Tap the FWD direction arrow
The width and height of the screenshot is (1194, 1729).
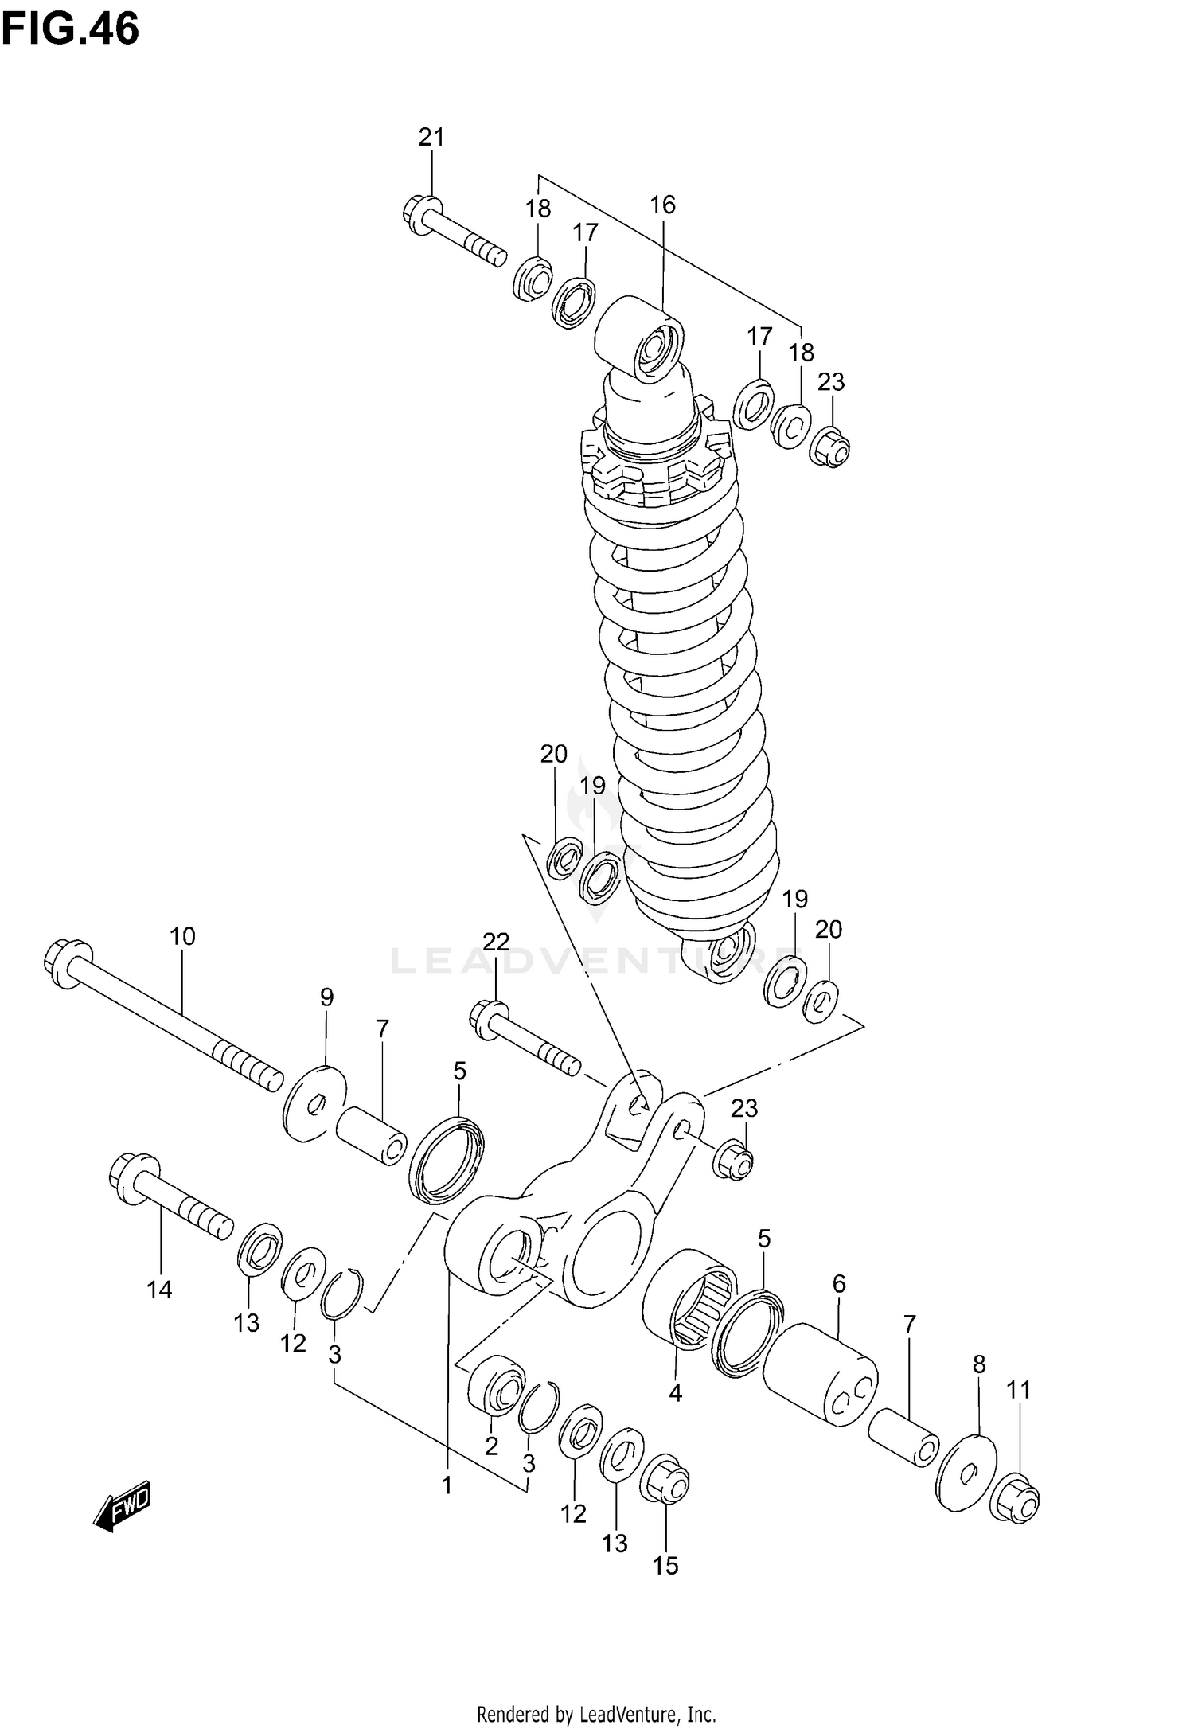click(121, 1505)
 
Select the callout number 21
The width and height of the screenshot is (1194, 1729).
click(431, 138)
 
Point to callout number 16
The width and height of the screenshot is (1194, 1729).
click(662, 205)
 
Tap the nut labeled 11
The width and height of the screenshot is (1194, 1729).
click(1016, 1500)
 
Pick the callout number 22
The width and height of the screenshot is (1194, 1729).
click(495, 943)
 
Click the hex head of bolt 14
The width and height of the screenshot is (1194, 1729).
click(129, 1177)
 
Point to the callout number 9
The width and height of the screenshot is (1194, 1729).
click(327, 997)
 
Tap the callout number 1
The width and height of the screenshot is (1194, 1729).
click(447, 1485)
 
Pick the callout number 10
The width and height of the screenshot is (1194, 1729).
click(182, 936)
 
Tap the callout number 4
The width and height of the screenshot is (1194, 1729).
click(675, 1394)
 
